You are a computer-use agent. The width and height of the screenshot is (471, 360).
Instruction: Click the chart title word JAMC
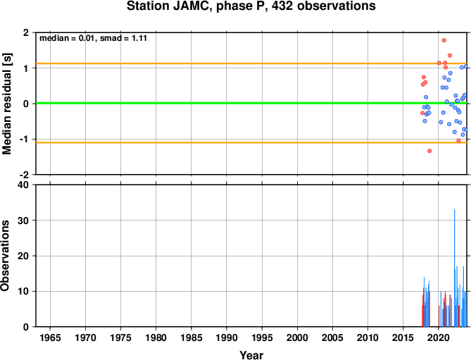pyautogui.click(x=191, y=6)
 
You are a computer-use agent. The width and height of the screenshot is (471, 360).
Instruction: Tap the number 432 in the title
pyautogui.click(x=283, y=6)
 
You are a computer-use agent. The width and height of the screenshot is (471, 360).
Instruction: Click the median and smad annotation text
pyautogui.click(x=94, y=38)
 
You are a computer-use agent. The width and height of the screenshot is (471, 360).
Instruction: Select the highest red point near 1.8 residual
pyautogui.click(x=444, y=40)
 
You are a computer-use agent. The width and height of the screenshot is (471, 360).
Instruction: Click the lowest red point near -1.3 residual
pyautogui.click(x=429, y=151)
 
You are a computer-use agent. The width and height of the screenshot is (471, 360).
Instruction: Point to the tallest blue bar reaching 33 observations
pyautogui.click(x=455, y=268)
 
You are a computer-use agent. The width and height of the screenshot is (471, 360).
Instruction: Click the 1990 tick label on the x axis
pyautogui.click(x=227, y=337)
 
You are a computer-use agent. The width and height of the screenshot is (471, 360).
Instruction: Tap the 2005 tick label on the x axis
pyautogui.click(x=332, y=337)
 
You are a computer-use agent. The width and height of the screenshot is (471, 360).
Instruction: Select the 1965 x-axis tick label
pyautogui.click(x=50, y=337)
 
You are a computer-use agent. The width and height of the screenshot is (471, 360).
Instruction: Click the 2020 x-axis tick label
pyautogui.click(x=439, y=337)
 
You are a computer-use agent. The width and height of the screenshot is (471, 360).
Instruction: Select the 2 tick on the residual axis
pyautogui.click(x=27, y=32)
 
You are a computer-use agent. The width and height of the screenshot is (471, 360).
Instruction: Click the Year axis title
pyautogui.click(x=251, y=354)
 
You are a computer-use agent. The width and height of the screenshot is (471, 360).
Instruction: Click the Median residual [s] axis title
pyautogui.click(x=6, y=104)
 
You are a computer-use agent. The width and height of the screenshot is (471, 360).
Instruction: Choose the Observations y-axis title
pyautogui.click(x=6, y=256)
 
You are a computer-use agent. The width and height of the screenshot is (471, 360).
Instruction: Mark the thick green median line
pyautogui.click(x=251, y=104)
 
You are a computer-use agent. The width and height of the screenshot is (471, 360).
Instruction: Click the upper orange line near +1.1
pyautogui.click(x=251, y=63)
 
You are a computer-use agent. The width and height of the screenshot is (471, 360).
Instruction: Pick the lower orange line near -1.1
pyautogui.click(x=251, y=142)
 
